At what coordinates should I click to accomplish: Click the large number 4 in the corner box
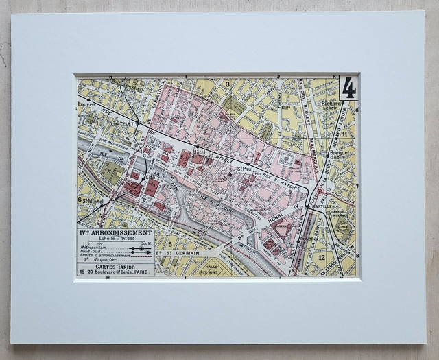coord(348,88)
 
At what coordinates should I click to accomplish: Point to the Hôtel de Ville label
coord(204,154)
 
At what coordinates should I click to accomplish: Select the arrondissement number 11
coord(345,134)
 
